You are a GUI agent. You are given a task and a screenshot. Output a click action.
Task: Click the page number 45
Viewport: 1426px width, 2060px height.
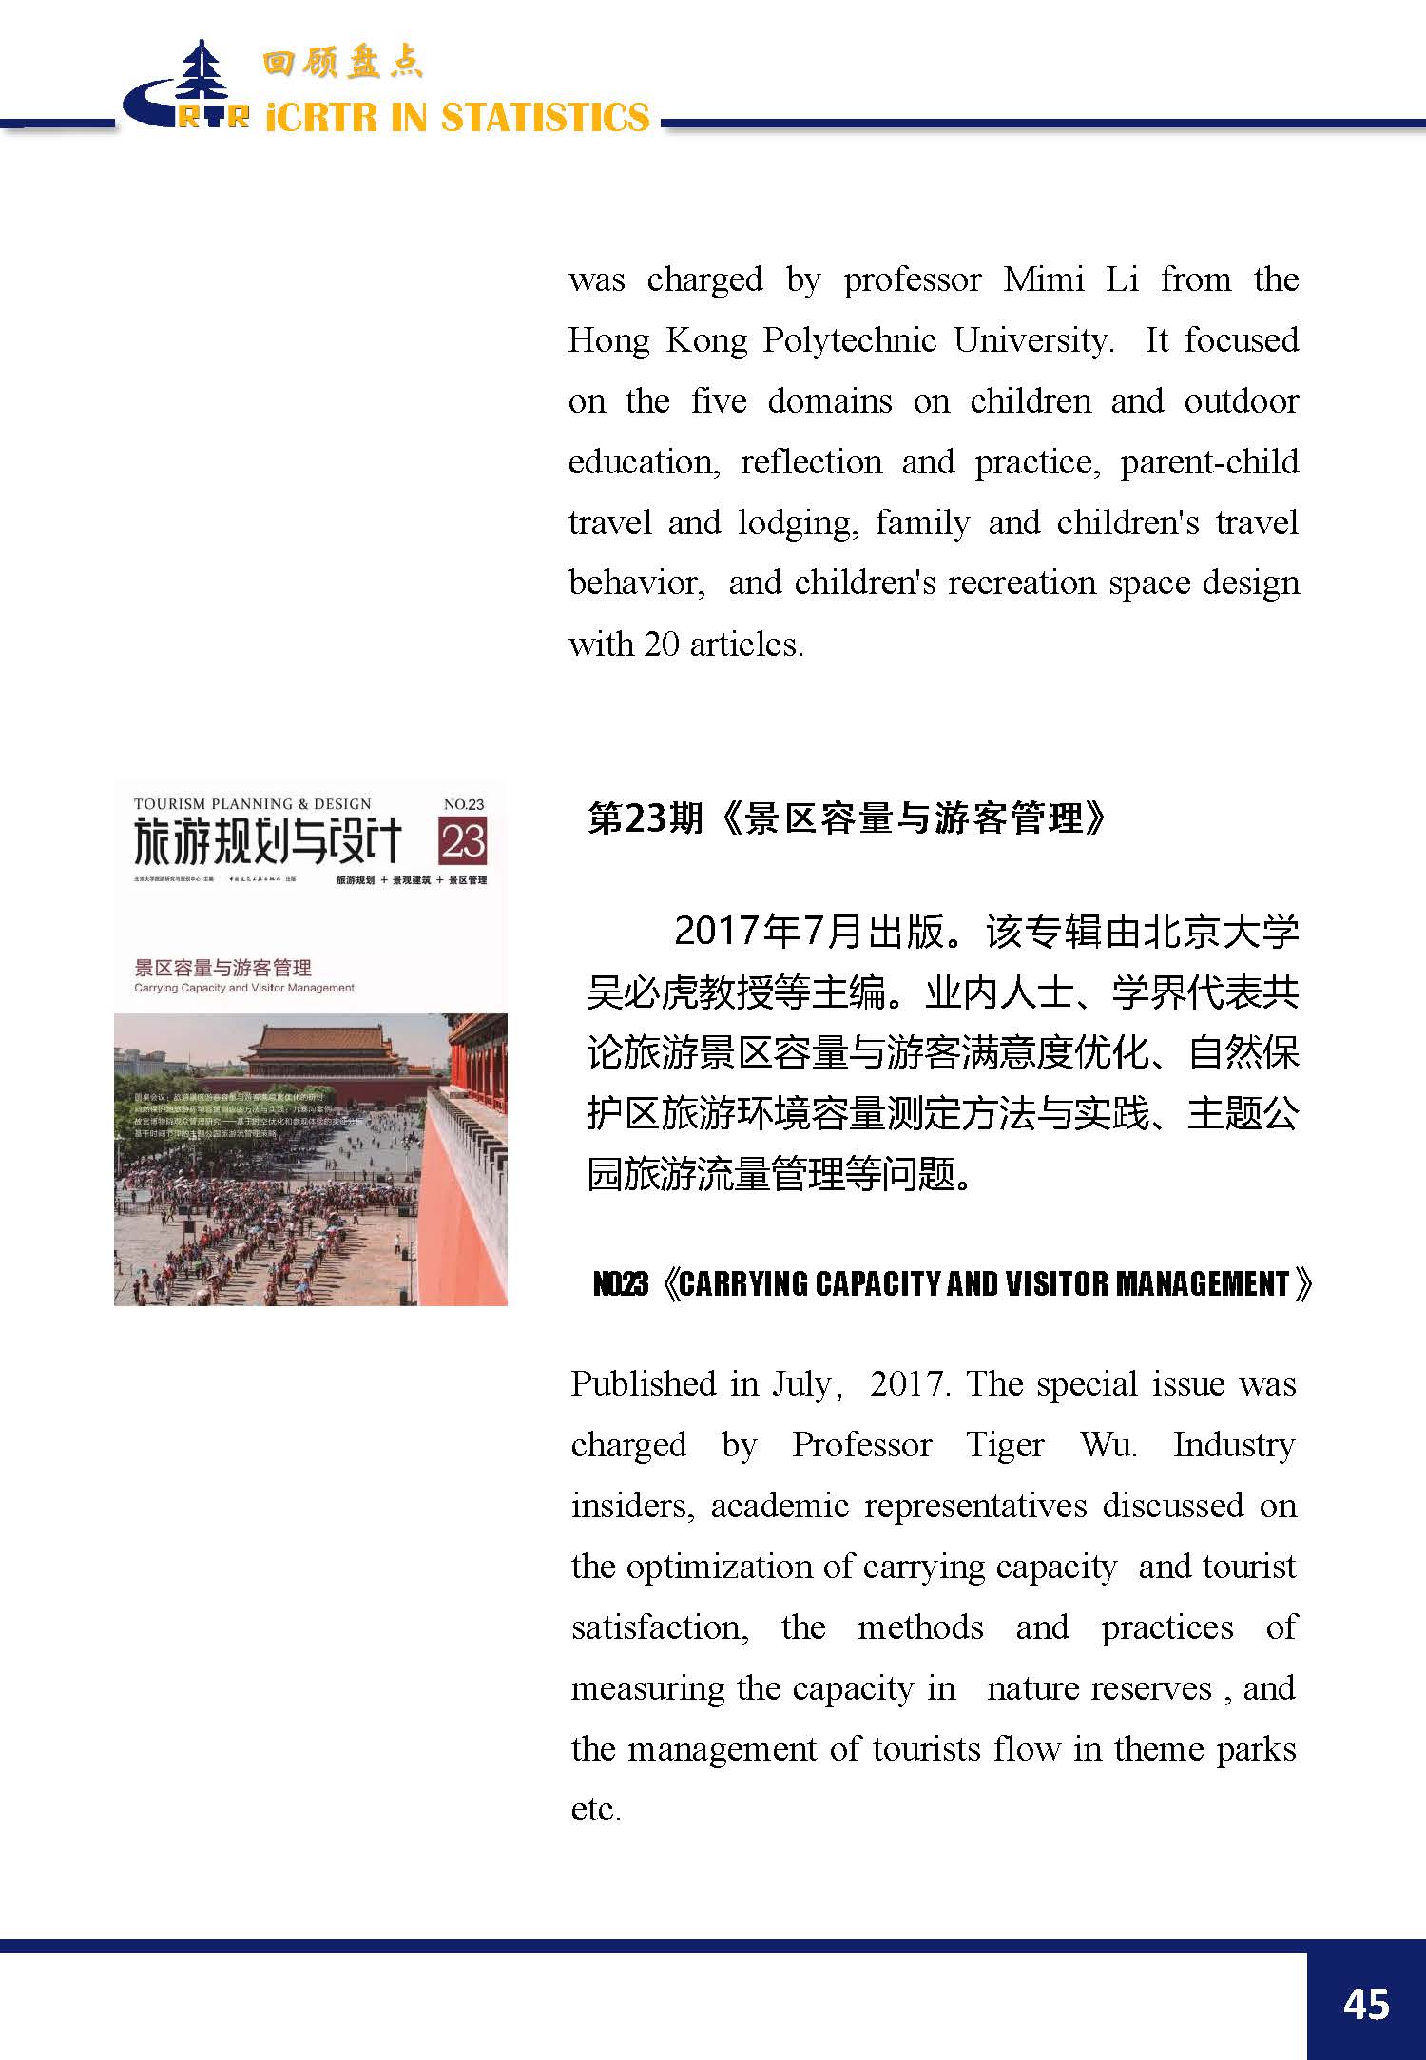1366,2004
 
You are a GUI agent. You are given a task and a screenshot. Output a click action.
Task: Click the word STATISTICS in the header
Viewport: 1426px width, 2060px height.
546,118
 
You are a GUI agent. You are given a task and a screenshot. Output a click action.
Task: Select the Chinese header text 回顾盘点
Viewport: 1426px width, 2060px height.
342,64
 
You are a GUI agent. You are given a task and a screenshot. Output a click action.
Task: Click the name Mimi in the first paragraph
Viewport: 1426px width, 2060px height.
1043,279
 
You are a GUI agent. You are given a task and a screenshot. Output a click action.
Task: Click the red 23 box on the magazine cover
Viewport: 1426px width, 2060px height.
463,841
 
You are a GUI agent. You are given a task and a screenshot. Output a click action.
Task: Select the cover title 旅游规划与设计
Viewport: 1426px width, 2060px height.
267,840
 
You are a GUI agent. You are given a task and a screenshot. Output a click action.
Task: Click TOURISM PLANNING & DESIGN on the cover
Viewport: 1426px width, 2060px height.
252,804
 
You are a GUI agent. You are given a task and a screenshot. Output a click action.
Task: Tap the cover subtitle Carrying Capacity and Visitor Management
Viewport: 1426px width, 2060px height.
244,988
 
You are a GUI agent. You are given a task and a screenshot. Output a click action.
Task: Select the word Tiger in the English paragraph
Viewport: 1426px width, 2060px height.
1005,1445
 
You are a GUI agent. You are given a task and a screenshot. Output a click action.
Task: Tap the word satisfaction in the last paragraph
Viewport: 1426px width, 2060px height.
659,1627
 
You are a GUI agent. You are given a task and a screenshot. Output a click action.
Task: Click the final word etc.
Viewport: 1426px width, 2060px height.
595,1809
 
